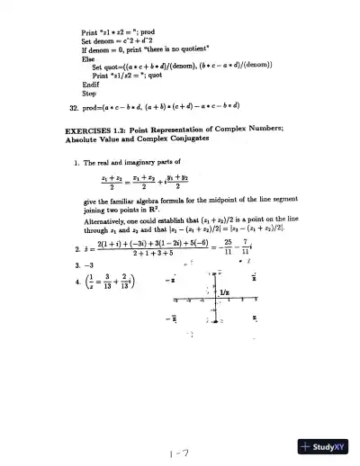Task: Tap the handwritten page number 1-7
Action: tap(178, 431)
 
